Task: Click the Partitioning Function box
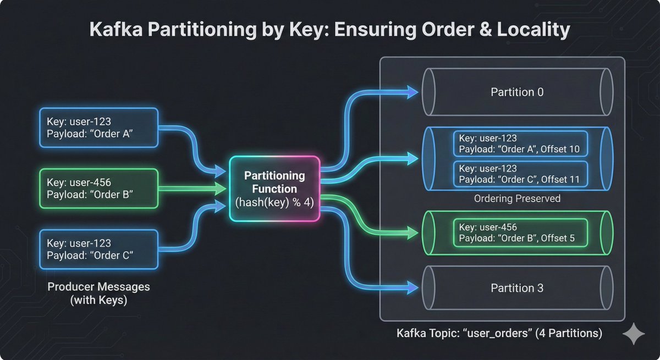coord(274,189)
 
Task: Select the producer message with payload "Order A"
coord(99,127)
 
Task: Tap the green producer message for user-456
coord(99,188)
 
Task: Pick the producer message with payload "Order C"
coord(99,249)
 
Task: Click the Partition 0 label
coord(517,92)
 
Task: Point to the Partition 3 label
coord(517,287)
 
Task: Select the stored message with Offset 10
coord(520,143)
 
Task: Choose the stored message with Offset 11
coord(520,174)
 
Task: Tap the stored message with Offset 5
coord(520,233)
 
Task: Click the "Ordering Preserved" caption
coord(517,198)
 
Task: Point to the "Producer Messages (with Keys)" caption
coord(98,293)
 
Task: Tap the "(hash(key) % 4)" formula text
coord(274,202)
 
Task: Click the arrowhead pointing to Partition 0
coord(412,92)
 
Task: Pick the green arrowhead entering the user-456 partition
coord(412,233)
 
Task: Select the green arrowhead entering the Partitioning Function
coord(222,189)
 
